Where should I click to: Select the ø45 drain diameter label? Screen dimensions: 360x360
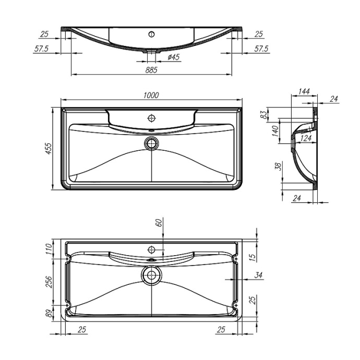coord(174,57)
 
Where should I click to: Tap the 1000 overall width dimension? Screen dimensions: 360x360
coord(151,95)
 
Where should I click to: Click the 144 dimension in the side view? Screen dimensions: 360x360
coord(304,92)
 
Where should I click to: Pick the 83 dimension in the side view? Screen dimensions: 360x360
coord(265,113)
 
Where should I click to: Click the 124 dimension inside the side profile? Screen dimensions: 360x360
coord(306,138)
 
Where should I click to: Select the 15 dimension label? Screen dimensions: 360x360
coord(252,257)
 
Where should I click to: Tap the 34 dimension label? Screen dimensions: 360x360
coord(259,275)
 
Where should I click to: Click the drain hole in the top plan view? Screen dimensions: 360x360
coord(152,142)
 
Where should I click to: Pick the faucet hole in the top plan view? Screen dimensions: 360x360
coord(152,116)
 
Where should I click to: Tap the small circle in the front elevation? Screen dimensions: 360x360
coord(152,34)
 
